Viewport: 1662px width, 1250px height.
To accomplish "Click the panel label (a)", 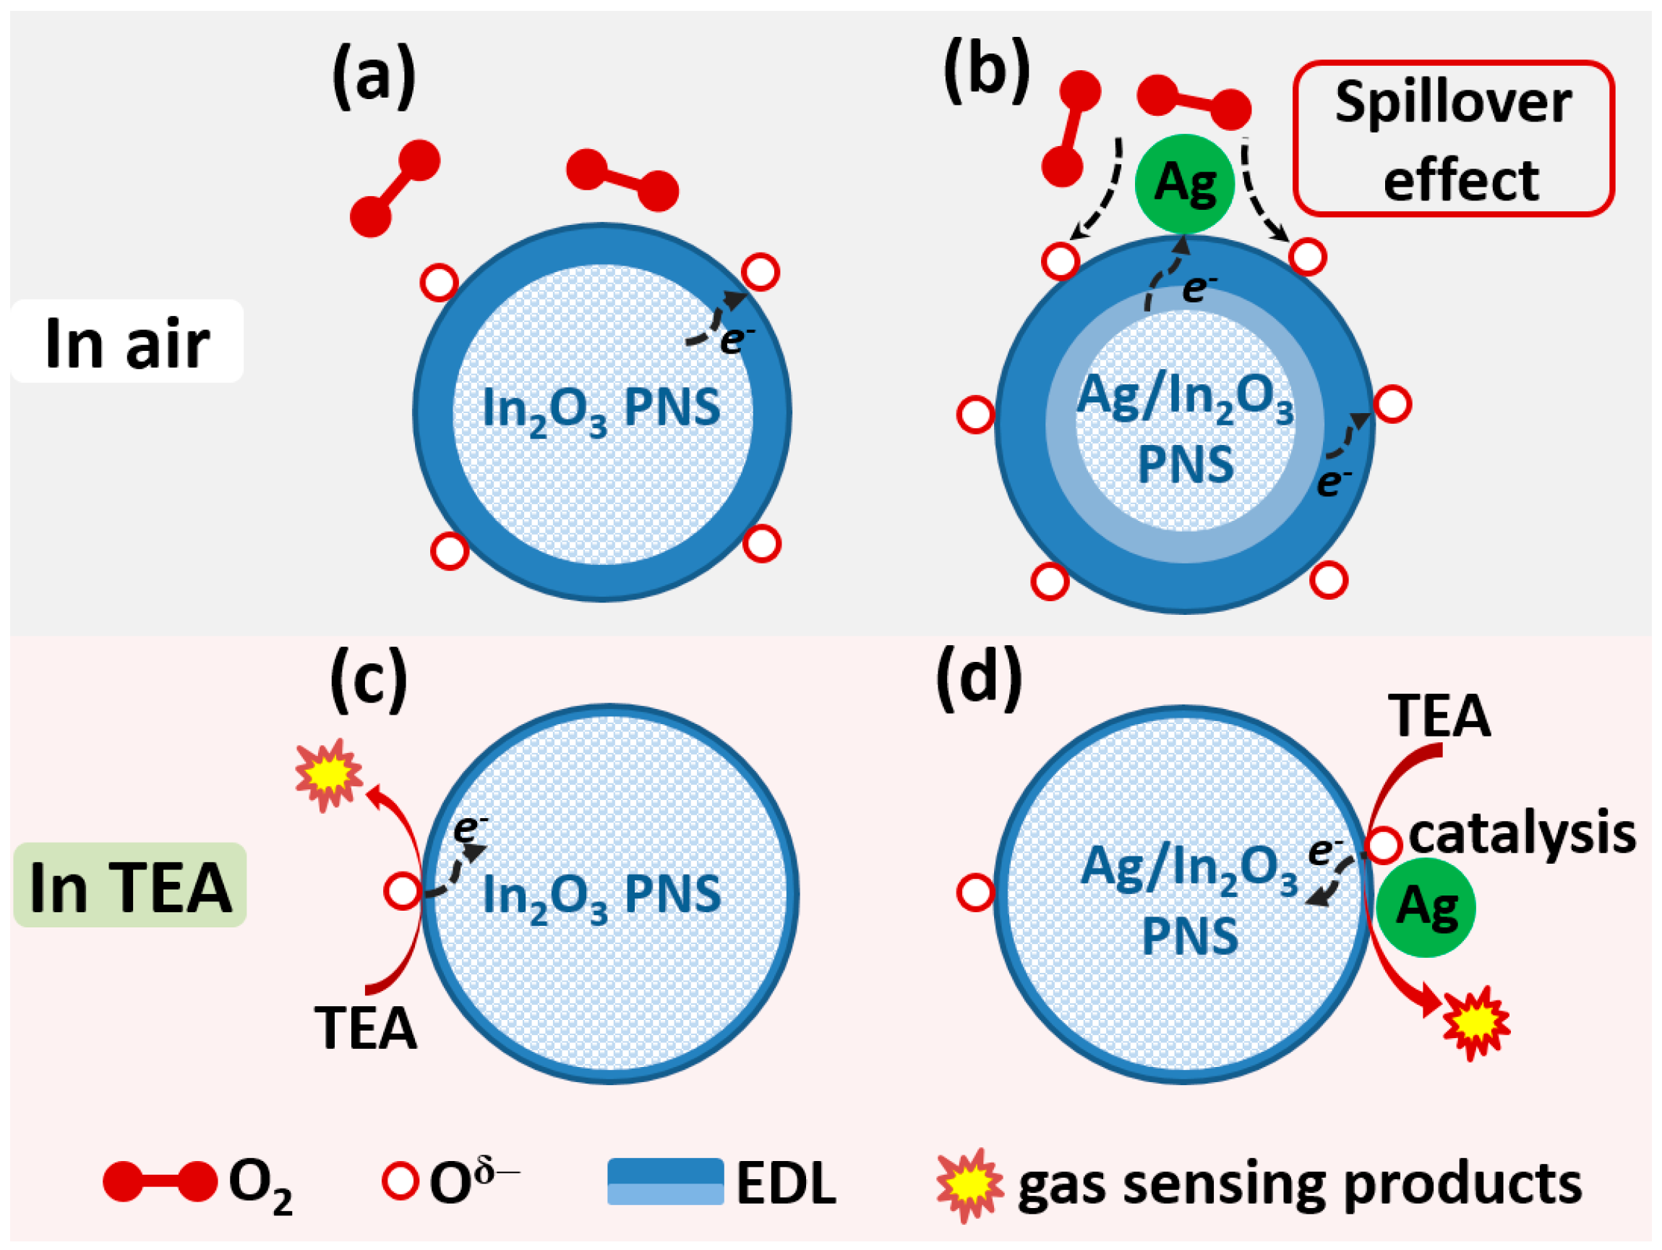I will pyautogui.click(x=374, y=77).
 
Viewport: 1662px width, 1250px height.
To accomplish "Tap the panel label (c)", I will pyautogui.click(x=368, y=678).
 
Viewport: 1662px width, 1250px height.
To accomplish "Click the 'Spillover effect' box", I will pyautogui.click(x=1453, y=139).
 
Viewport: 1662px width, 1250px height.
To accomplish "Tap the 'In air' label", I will pyautogui.click(x=127, y=342).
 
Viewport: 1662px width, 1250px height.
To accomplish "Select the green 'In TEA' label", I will pyautogui.click(x=130, y=885).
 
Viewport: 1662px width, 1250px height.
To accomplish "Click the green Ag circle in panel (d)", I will pyautogui.click(x=1426, y=907).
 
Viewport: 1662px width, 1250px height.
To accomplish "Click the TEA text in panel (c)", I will pyautogui.click(x=366, y=1027).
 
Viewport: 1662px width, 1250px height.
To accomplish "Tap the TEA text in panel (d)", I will pyautogui.click(x=1439, y=715).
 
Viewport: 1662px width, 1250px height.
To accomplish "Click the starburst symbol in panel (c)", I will pyautogui.click(x=328, y=775).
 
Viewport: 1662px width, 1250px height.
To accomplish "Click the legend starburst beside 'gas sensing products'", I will pyautogui.click(x=969, y=1186).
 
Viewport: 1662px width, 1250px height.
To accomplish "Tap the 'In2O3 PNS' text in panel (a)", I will pyautogui.click(x=601, y=409).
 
